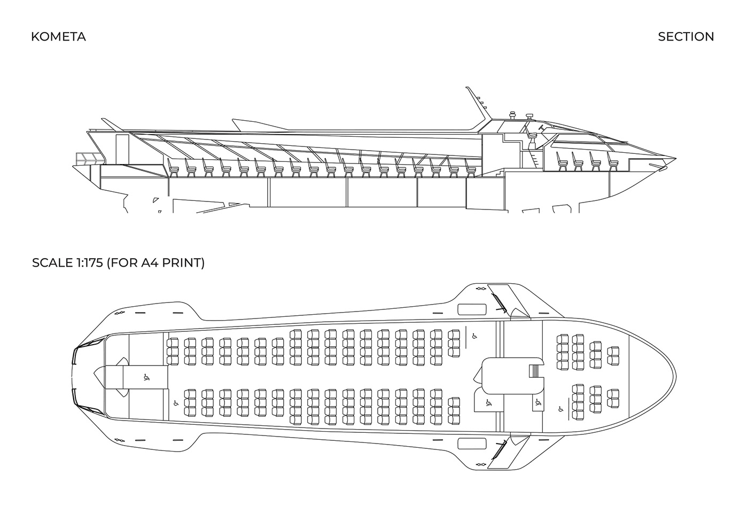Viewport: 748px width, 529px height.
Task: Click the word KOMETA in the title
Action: tap(58, 37)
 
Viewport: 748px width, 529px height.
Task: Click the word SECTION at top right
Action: tap(685, 37)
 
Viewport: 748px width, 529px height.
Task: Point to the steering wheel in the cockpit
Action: tap(540, 128)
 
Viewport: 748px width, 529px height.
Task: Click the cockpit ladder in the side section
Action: tap(533, 159)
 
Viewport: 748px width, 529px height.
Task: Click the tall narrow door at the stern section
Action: tap(122, 150)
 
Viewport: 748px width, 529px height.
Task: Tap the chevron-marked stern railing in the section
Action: tap(89, 158)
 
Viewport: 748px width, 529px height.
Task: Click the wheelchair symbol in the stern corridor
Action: tap(146, 377)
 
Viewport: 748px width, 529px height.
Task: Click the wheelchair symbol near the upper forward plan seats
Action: tap(473, 336)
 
